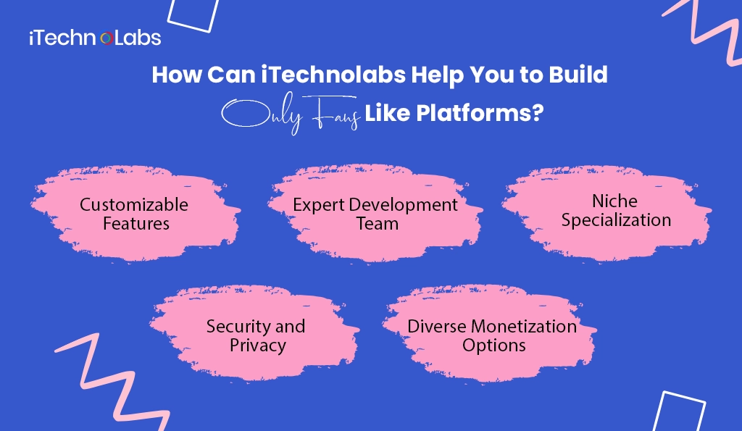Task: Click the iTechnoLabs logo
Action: tap(94, 38)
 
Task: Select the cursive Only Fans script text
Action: tap(291, 115)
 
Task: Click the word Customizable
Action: tap(134, 204)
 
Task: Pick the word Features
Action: tap(136, 223)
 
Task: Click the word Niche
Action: tap(615, 200)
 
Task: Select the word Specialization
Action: tap(616, 219)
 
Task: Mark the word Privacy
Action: tap(257, 345)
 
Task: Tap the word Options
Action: tap(493, 345)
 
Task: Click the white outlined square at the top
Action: tap(193, 14)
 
